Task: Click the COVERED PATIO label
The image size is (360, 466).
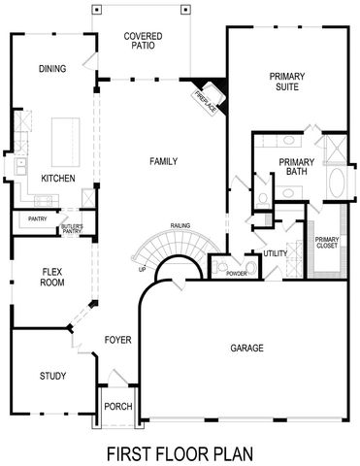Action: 143,42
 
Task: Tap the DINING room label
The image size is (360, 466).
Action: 51,69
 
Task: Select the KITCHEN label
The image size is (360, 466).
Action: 58,178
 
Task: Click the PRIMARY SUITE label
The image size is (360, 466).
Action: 288,83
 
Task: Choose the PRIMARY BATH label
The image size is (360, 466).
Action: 293,167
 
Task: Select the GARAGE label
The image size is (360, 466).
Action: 247,347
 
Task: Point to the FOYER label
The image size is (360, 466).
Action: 118,339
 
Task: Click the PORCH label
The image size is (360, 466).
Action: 119,405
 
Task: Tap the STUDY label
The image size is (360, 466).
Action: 52,376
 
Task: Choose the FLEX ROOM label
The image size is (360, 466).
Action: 52,277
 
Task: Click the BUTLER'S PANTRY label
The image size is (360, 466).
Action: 72,229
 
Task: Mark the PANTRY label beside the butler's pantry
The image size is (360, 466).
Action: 39,219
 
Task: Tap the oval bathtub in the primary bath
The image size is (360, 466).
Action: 338,183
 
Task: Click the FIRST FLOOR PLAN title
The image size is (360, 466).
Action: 180,452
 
